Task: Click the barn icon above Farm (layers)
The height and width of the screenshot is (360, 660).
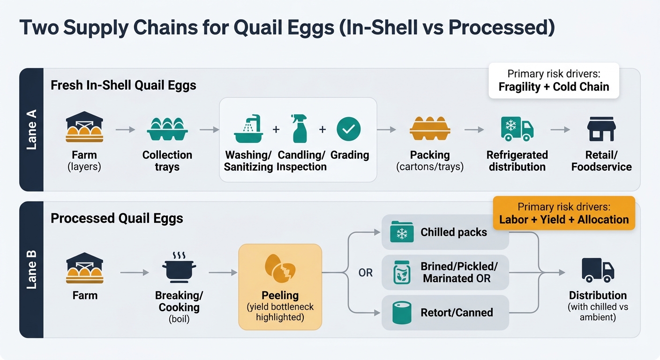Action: (x=85, y=127)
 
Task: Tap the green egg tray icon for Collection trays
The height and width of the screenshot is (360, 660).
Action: (x=167, y=129)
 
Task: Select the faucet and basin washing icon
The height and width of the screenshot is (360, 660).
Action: (x=248, y=129)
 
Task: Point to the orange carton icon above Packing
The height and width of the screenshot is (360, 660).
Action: (x=430, y=129)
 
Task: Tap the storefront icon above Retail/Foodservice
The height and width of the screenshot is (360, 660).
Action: (x=601, y=129)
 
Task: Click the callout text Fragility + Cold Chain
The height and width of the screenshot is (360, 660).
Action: (x=554, y=87)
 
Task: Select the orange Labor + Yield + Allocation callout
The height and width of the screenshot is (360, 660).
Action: (x=564, y=213)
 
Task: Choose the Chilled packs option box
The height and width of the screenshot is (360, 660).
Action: (x=445, y=232)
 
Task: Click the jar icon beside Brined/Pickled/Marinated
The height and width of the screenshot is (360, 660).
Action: (x=402, y=273)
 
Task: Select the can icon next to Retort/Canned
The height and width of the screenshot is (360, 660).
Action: (x=402, y=312)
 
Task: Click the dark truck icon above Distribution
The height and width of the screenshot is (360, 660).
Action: (x=598, y=270)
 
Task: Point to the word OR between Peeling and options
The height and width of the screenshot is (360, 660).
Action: (x=365, y=272)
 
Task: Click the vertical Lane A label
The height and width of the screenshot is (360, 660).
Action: (x=31, y=129)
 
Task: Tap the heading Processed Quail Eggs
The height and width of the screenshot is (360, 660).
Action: (x=117, y=218)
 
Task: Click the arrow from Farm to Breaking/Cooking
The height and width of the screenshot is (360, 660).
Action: (x=134, y=272)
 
